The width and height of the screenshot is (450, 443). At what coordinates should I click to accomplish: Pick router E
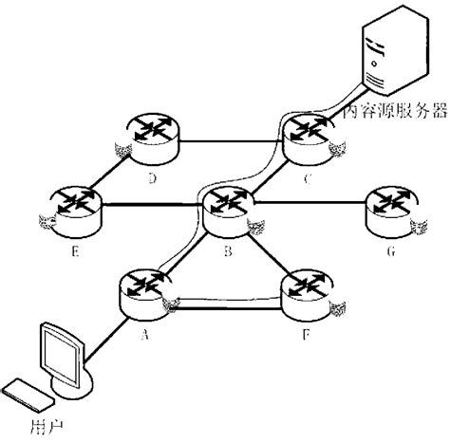pos(73,207)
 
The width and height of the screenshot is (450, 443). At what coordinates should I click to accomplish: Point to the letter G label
pos(389,253)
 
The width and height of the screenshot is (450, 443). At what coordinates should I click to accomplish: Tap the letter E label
pos(73,253)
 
